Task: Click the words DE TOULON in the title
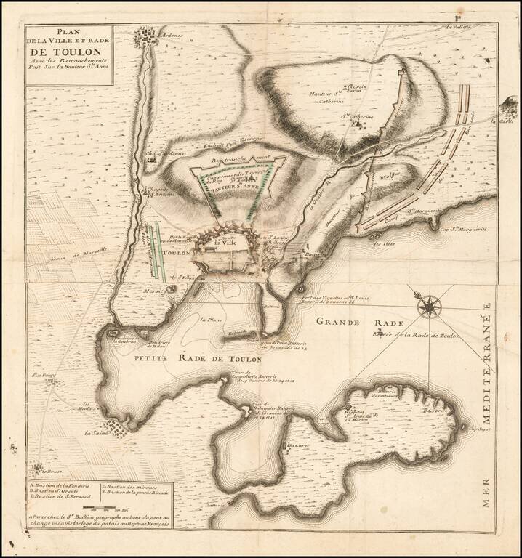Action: pyautogui.click(x=64, y=52)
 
